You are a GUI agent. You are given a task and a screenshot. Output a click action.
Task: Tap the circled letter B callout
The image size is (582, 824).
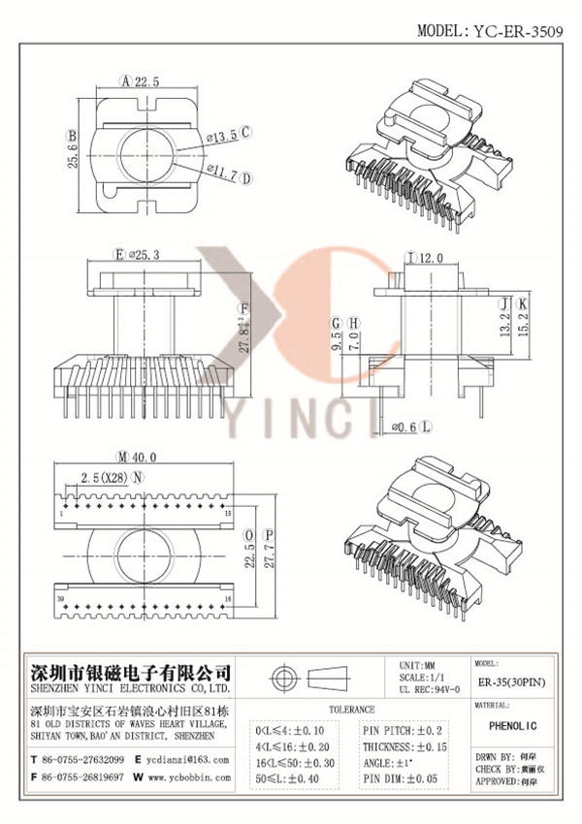click(72, 136)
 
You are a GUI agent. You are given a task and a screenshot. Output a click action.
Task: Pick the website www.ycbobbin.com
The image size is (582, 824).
click(188, 777)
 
